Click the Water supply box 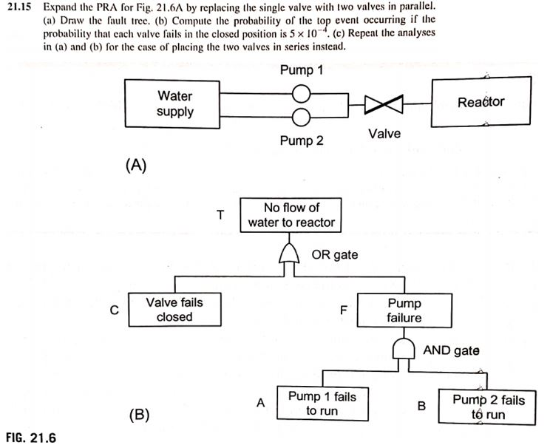(x=175, y=104)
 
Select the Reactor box (x=481, y=102)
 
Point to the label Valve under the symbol (x=384, y=134)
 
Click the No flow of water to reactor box (x=292, y=214)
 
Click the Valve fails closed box (x=174, y=309)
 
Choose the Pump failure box (x=404, y=310)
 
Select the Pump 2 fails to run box (x=488, y=407)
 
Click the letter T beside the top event (x=220, y=215)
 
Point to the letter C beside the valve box (x=114, y=310)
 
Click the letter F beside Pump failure (x=343, y=310)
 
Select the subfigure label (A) (x=135, y=166)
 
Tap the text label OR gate (x=335, y=255)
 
